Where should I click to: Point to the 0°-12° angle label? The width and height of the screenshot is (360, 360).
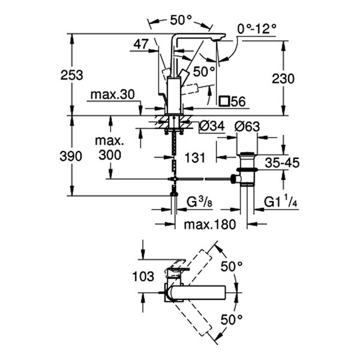click(257, 28)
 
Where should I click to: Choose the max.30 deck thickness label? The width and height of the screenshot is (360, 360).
click(112, 95)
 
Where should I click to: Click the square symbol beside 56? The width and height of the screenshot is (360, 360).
click(224, 101)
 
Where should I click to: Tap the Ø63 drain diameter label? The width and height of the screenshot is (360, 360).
click(247, 127)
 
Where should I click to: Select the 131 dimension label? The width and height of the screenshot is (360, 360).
click(194, 157)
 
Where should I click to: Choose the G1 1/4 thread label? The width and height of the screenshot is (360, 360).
click(281, 203)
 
